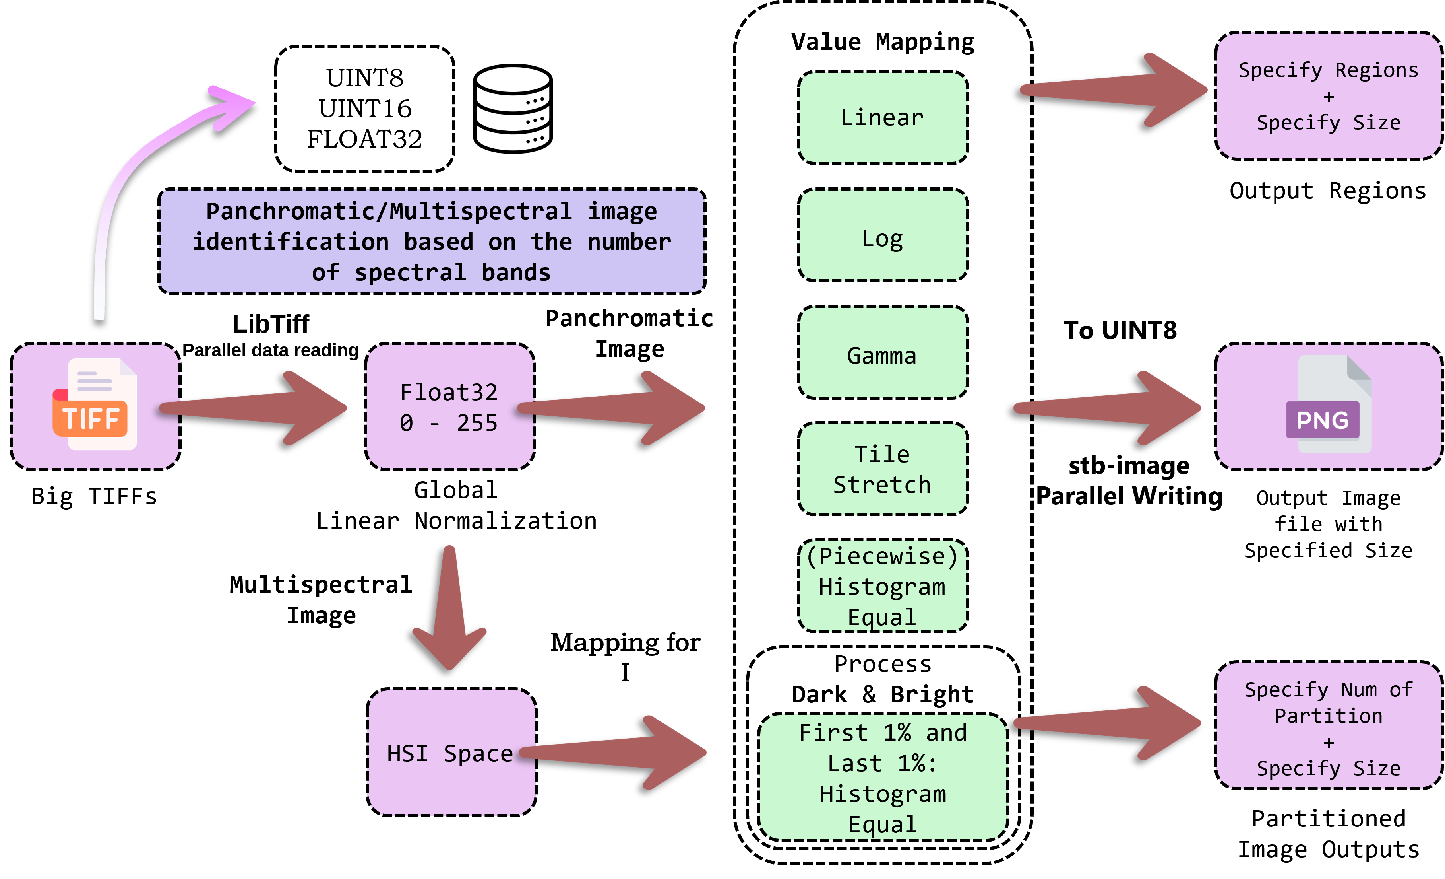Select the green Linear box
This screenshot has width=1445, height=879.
pos(883,117)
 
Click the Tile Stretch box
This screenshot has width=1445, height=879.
pos(883,469)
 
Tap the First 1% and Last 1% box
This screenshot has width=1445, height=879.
pos(883,778)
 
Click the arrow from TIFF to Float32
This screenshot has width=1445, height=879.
pos(258,408)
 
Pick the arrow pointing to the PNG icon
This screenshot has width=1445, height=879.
pos(1108,408)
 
